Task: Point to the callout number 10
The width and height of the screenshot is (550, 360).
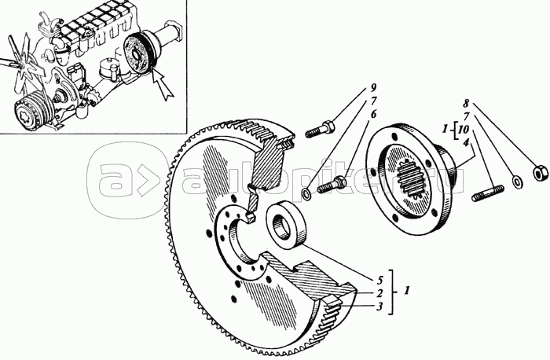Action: (x=465, y=129)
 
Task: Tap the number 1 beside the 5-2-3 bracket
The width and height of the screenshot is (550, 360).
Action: (x=406, y=291)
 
